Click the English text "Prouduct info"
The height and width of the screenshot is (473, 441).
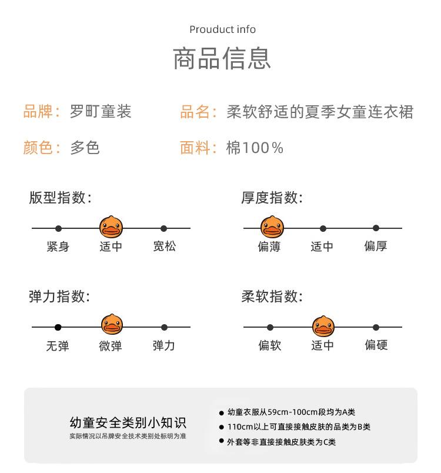click(222, 29)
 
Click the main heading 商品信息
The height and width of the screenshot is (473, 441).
click(222, 59)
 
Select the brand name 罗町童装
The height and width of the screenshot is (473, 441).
click(101, 111)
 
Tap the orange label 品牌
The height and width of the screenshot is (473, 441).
click(38, 111)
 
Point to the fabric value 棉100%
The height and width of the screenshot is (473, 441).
click(255, 148)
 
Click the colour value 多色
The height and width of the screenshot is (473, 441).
click(85, 148)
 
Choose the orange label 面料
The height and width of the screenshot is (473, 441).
click(195, 148)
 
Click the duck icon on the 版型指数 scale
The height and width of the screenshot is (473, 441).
click(111, 227)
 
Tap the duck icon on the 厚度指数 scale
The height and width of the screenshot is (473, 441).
click(272, 227)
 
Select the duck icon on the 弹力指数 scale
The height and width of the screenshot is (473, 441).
click(111, 325)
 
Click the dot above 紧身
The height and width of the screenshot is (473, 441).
click(58, 228)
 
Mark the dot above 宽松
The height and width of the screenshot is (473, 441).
click(164, 228)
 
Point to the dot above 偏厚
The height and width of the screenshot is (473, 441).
click(376, 228)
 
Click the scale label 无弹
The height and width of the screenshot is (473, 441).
click(58, 346)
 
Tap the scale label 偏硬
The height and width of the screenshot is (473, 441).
click(376, 345)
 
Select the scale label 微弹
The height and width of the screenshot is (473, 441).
click(111, 346)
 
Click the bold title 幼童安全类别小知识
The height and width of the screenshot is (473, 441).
click(128, 422)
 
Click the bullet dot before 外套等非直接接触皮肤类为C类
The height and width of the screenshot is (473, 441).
click(222, 441)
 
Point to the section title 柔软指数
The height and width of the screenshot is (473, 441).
click(272, 296)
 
